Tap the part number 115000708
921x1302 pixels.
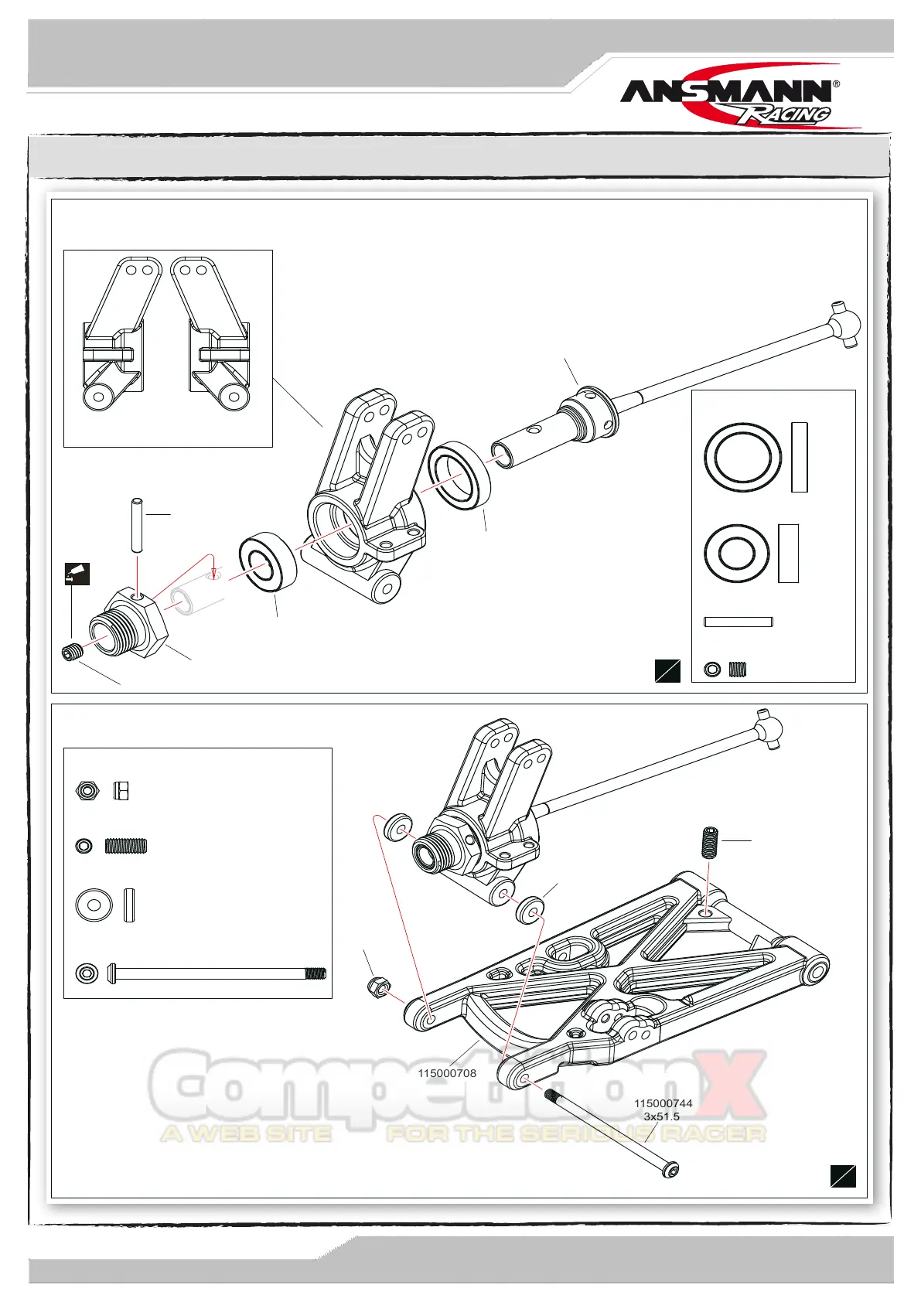[447, 1073]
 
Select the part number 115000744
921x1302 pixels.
[663, 1103]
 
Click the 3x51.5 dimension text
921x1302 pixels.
[661, 1116]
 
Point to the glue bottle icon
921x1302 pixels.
[77, 574]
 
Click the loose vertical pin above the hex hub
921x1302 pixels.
[137, 525]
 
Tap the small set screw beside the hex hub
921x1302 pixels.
[72, 653]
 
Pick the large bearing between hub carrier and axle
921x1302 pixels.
[459, 476]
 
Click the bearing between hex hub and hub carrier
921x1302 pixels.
[268, 562]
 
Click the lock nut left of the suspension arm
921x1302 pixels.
[377, 987]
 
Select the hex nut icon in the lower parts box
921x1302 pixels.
[87, 791]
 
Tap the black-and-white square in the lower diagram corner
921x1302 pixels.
[843, 1175]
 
